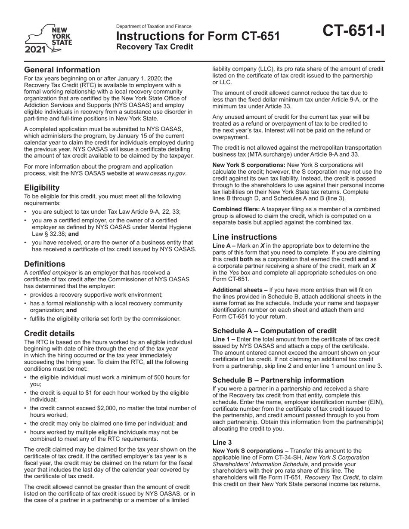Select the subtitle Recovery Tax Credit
tap(155, 47)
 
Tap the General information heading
tap(62, 70)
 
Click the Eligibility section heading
tap(42, 188)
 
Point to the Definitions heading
tap(45, 264)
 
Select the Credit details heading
tap(49, 333)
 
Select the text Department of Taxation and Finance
tap(154, 27)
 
